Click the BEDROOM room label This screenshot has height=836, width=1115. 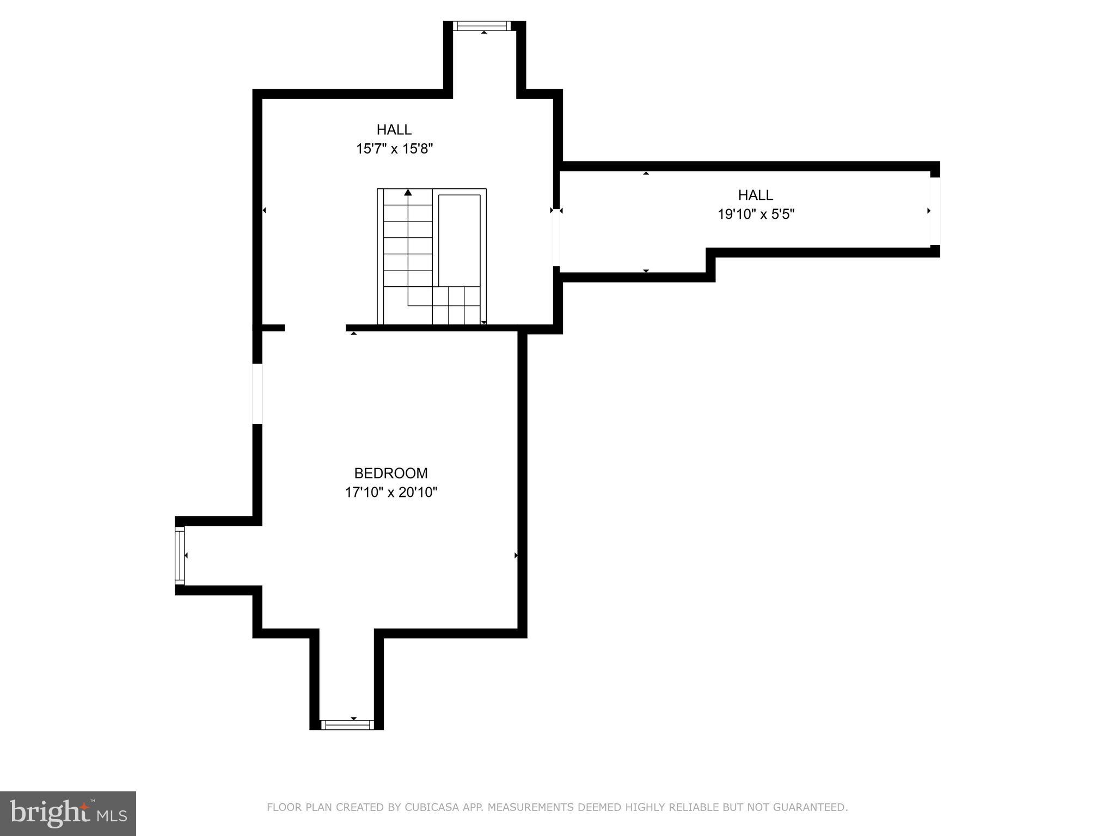pyautogui.click(x=391, y=473)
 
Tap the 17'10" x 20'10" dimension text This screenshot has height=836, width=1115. pyautogui.click(x=391, y=493)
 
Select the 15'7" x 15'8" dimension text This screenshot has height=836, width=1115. pyautogui.click(x=394, y=149)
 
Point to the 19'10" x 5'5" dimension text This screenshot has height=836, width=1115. pyautogui.click(x=756, y=214)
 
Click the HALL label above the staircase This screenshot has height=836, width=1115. pyautogui.click(x=394, y=130)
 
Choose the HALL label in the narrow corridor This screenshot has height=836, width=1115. pyautogui.click(x=755, y=195)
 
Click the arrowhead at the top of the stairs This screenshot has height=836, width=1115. pyautogui.click(x=408, y=192)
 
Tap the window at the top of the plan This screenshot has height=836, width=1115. pyautogui.click(x=482, y=26)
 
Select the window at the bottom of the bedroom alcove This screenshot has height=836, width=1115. pyautogui.click(x=347, y=724)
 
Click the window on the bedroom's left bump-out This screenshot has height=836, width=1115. pyautogui.click(x=180, y=555)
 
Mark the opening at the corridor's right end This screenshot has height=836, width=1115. pyautogui.click(x=935, y=211)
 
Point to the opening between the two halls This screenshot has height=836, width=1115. pyautogui.click(x=556, y=239)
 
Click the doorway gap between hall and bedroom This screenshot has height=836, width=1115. pyautogui.click(x=315, y=328)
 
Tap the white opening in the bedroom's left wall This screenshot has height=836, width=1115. pyautogui.click(x=258, y=394)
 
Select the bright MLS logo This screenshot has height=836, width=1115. pyautogui.click(x=68, y=813)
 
